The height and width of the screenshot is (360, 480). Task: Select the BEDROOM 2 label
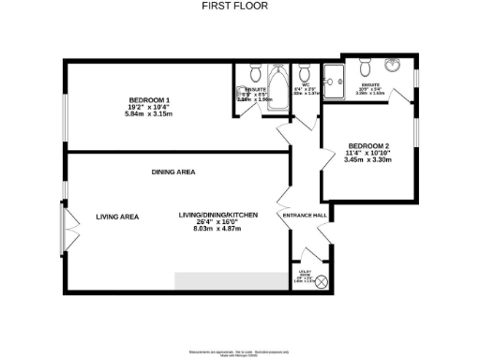367,146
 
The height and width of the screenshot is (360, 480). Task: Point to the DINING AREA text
173,172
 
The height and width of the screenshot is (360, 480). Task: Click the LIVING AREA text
117,217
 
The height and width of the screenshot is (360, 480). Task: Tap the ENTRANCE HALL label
305,216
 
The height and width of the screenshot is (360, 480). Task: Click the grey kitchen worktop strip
231,281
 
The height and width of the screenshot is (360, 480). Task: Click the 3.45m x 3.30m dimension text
367,160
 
